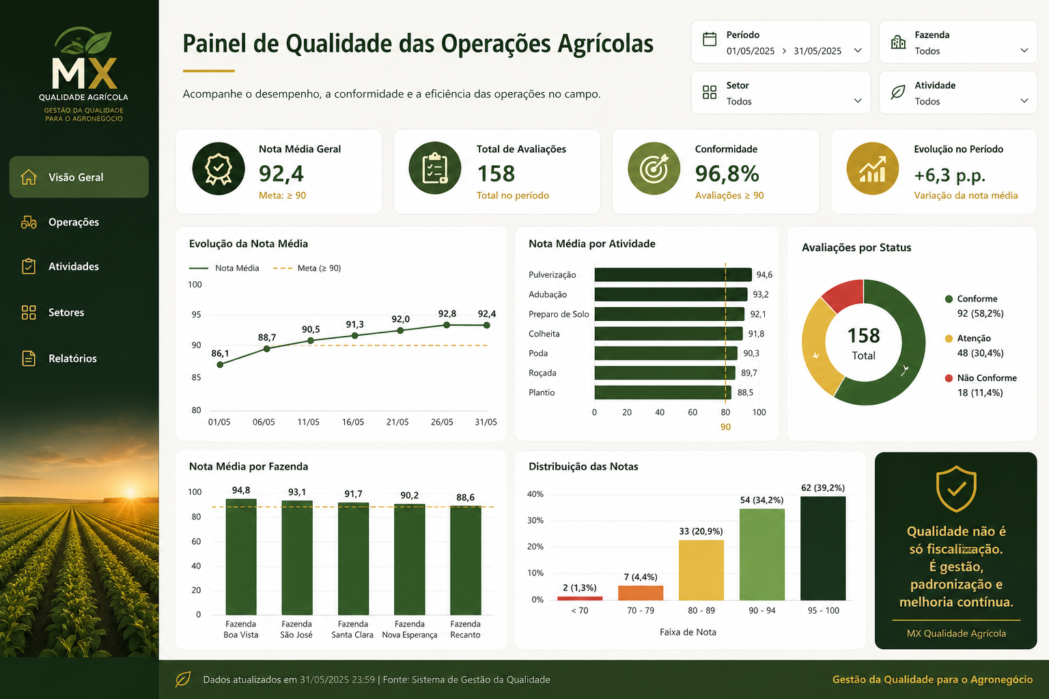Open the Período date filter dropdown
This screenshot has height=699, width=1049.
click(x=781, y=42)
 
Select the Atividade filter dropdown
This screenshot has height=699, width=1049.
click(x=958, y=93)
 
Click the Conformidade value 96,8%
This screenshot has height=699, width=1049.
click(x=727, y=173)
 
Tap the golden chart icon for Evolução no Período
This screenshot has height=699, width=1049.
click(x=872, y=169)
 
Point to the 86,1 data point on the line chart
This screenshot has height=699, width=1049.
click(x=220, y=365)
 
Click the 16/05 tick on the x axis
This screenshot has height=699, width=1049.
click(x=352, y=422)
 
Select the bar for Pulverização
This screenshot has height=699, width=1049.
click(x=673, y=275)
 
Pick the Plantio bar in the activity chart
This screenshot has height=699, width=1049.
click(x=662, y=393)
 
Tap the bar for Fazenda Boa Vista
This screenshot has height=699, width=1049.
click(x=241, y=556)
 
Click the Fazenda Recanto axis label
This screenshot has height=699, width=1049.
click(x=465, y=629)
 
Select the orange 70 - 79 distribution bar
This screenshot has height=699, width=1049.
click(x=641, y=593)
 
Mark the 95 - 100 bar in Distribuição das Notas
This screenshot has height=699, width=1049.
click(x=823, y=548)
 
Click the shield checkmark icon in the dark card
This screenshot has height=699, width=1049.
click(x=956, y=489)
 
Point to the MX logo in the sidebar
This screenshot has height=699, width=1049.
click(x=84, y=74)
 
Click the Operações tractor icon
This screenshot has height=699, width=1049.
click(x=29, y=222)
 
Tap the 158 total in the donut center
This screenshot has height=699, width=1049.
click(x=863, y=336)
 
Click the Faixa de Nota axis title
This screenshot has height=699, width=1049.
click(x=688, y=632)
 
